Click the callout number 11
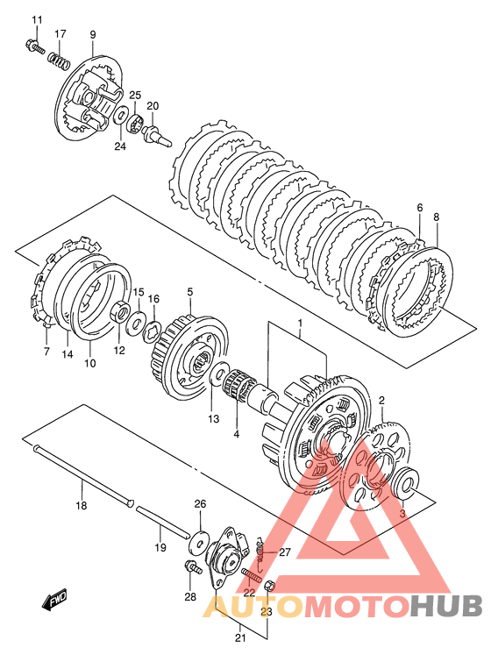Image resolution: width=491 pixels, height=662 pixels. (x=37, y=20)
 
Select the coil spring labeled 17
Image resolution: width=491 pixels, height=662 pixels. (x=58, y=60)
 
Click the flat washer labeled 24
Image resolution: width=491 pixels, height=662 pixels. (x=121, y=115)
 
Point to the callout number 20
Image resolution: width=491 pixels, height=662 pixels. (x=153, y=106)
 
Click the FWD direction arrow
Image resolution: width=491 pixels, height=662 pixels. (x=54, y=600)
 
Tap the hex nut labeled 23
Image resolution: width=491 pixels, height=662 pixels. (x=269, y=586)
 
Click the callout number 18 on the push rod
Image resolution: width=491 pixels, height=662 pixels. (x=81, y=505)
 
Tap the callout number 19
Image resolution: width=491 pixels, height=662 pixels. (x=160, y=548)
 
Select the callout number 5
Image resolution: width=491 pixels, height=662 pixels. (x=190, y=291)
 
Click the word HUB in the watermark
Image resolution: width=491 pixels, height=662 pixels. (x=446, y=607)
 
